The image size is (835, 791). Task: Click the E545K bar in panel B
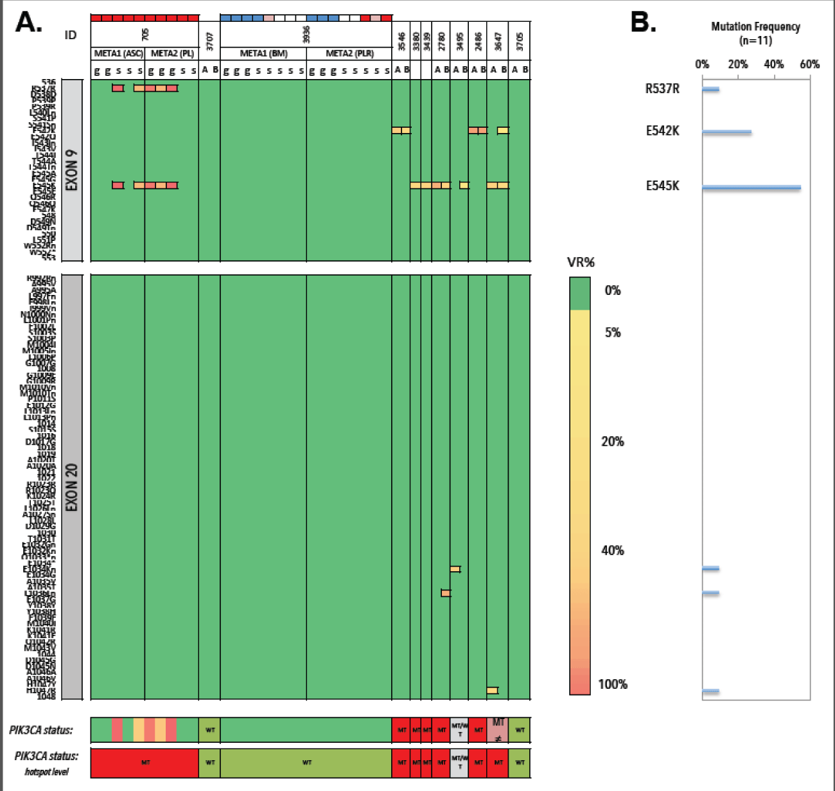coord(751,188)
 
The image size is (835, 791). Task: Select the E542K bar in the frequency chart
coord(726,132)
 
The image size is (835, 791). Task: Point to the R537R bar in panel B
coord(710,89)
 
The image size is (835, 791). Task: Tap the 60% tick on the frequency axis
coord(809,64)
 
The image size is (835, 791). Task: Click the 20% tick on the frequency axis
coord(738,64)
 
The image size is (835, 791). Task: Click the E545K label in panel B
coord(662,186)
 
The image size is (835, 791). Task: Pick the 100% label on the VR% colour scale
coord(612,684)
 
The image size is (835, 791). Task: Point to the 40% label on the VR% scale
coord(612,550)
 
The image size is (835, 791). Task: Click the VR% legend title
coord(581,262)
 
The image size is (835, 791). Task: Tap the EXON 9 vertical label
coord(72,170)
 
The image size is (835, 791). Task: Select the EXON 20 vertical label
coord(72,487)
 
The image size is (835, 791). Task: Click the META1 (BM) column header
coord(263,53)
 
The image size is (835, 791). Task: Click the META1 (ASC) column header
coord(118,53)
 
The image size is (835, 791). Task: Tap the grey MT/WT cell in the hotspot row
coord(459,763)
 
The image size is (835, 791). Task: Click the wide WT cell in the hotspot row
coord(306,763)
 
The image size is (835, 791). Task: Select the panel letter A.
coord(29,22)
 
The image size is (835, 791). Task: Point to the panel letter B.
coord(643,22)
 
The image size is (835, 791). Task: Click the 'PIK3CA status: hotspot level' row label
coord(46,763)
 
